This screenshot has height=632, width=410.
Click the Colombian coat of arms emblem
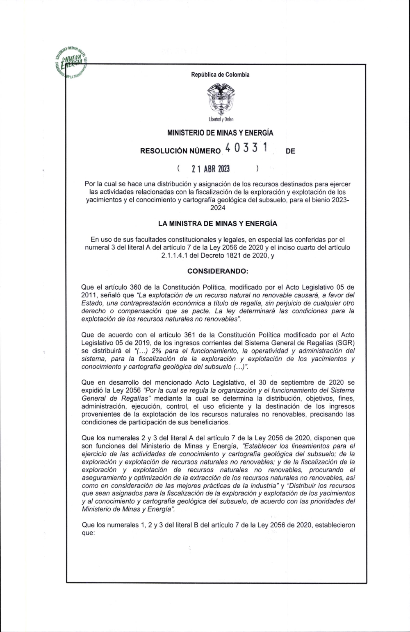[220, 99]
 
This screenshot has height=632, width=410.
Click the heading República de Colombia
[220, 75]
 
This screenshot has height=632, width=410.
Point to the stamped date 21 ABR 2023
[211, 169]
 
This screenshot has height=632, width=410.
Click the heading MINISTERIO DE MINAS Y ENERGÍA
[220, 133]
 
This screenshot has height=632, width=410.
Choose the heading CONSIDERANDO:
[217, 271]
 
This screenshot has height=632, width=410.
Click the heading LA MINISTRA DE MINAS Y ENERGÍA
[217, 224]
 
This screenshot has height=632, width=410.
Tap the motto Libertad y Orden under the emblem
[221, 120]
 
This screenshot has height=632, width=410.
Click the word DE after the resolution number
[290, 151]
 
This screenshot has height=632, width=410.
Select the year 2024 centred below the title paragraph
[217, 208]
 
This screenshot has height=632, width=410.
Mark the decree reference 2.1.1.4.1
[178, 255]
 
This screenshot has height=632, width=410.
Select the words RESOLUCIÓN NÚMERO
[180, 151]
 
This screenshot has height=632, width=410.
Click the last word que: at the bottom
[89, 533]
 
